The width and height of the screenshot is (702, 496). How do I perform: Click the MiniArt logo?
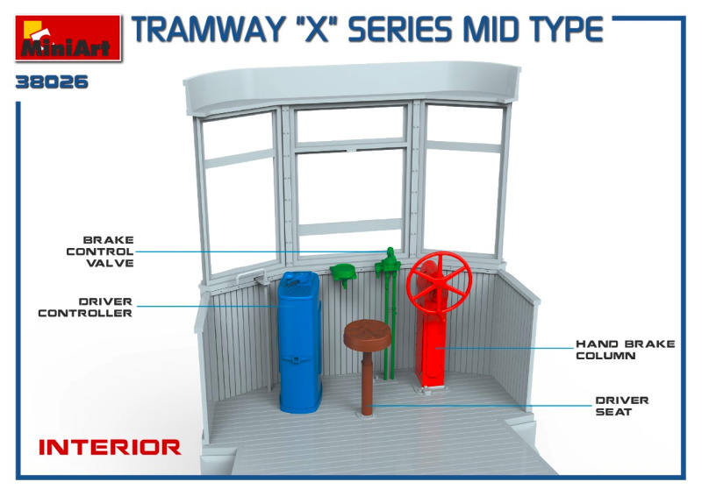(68, 38)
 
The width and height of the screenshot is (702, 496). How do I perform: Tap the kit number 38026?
(52, 82)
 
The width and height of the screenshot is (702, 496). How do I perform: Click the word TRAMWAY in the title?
(207, 30)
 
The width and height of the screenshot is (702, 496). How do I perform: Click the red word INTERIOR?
(111, 447)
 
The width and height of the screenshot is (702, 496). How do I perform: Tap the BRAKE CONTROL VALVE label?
(100, 252)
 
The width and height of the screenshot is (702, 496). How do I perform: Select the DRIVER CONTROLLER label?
(85, 308)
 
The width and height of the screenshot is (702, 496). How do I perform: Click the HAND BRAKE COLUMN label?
(626, 350)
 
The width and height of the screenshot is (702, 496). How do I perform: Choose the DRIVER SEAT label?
(622, 406)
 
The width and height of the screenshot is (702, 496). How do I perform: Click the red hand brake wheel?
(440, 282)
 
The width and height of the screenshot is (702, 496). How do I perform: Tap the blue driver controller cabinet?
(299, 341)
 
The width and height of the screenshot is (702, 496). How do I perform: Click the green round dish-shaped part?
(343, 272)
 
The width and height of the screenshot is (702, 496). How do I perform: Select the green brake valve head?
(388, 261)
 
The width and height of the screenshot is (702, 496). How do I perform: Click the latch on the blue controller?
(295, 359)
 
